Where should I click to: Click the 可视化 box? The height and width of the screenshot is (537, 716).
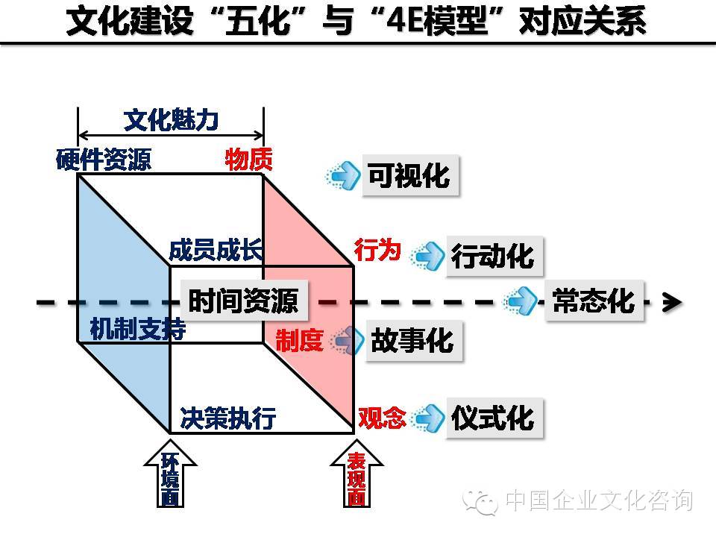pyautogui.click(x=409, y=176)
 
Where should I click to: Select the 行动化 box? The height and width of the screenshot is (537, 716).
pyautogui.click(x=494, y=256)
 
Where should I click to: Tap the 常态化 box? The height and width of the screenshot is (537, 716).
pyautogui.click(x=594, y=301)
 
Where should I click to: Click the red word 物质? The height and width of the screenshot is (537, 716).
pyautogui.click(x=249, y=160)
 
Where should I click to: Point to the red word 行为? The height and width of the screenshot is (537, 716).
pyautogui.click(x=377, y=251)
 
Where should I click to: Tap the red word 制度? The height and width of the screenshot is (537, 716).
pyautogui.click(x=299, y=341)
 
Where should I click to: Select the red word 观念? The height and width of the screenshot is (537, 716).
pyautogui.click(x=382, y=418)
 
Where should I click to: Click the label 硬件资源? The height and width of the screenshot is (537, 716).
pyautogui.click(x=104, y=160)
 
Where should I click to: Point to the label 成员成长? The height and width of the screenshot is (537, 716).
pyautogui.click(x=216, y=251)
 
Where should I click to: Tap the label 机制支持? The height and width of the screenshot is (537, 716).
pyautogui.click(x=137, y=330)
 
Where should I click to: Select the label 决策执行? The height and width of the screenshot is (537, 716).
pyautogui.click(x=228, y=418)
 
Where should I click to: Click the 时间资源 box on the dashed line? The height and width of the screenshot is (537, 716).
pyautogui.click(x=243, y=301)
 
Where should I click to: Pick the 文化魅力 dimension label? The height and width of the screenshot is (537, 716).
pyautogui.click(x=171, y=119)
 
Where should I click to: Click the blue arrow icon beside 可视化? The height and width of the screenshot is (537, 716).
pyautogui.click(x=345, y=176)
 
